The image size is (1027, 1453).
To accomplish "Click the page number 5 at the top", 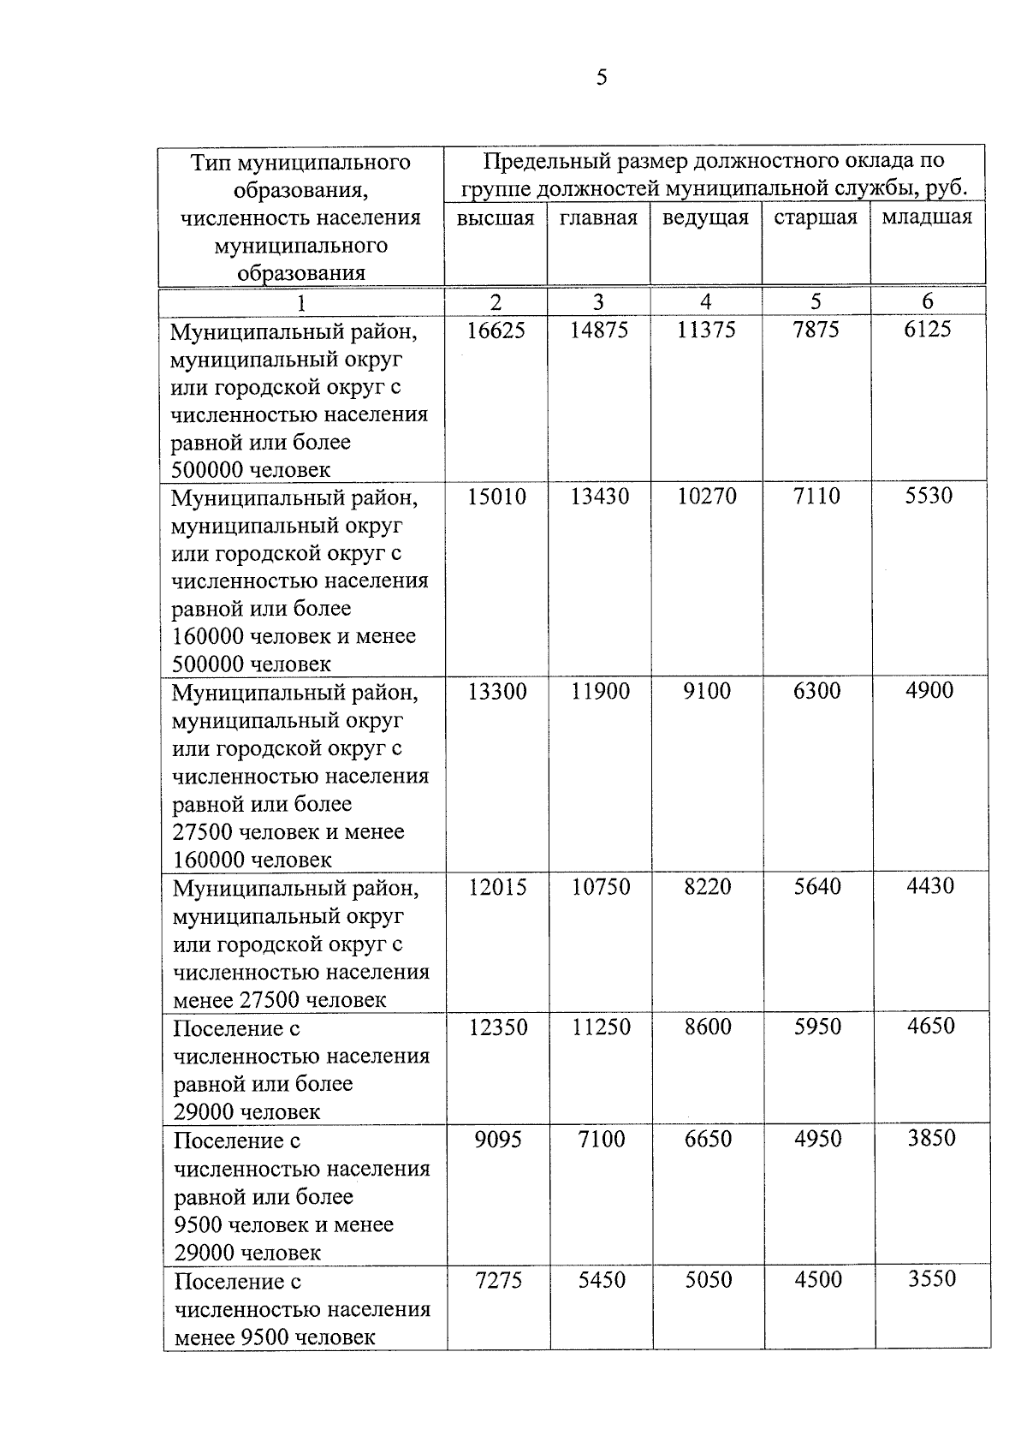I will (602, 78).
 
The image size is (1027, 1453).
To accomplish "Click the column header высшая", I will (495, 218).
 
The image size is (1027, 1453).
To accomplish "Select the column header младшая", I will (927, 217).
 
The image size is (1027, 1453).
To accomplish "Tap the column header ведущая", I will (705, 217).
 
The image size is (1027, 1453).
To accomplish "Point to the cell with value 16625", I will (496, 330).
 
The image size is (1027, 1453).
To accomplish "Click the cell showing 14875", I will (599, 330).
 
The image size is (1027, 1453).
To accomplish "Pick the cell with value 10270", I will (707, 497).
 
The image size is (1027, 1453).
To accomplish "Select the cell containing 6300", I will (816, 691).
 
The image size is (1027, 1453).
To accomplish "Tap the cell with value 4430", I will (930, 885).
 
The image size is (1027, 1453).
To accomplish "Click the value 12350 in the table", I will (498, 1027).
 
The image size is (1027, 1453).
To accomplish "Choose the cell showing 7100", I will (602, 1140).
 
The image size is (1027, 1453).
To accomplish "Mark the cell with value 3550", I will (931, 1279).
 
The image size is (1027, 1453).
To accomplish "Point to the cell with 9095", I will (498, 1140).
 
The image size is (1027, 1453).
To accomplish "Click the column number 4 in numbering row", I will (705, 301).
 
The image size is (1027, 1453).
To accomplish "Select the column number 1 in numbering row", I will (300, 302).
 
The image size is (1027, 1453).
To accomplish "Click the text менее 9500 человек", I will (275, 1337).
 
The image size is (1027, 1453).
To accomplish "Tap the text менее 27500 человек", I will (280, 1000).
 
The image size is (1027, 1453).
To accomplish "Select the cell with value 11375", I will (706, 330).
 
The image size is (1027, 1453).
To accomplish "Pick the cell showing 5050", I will (709, 1280).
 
